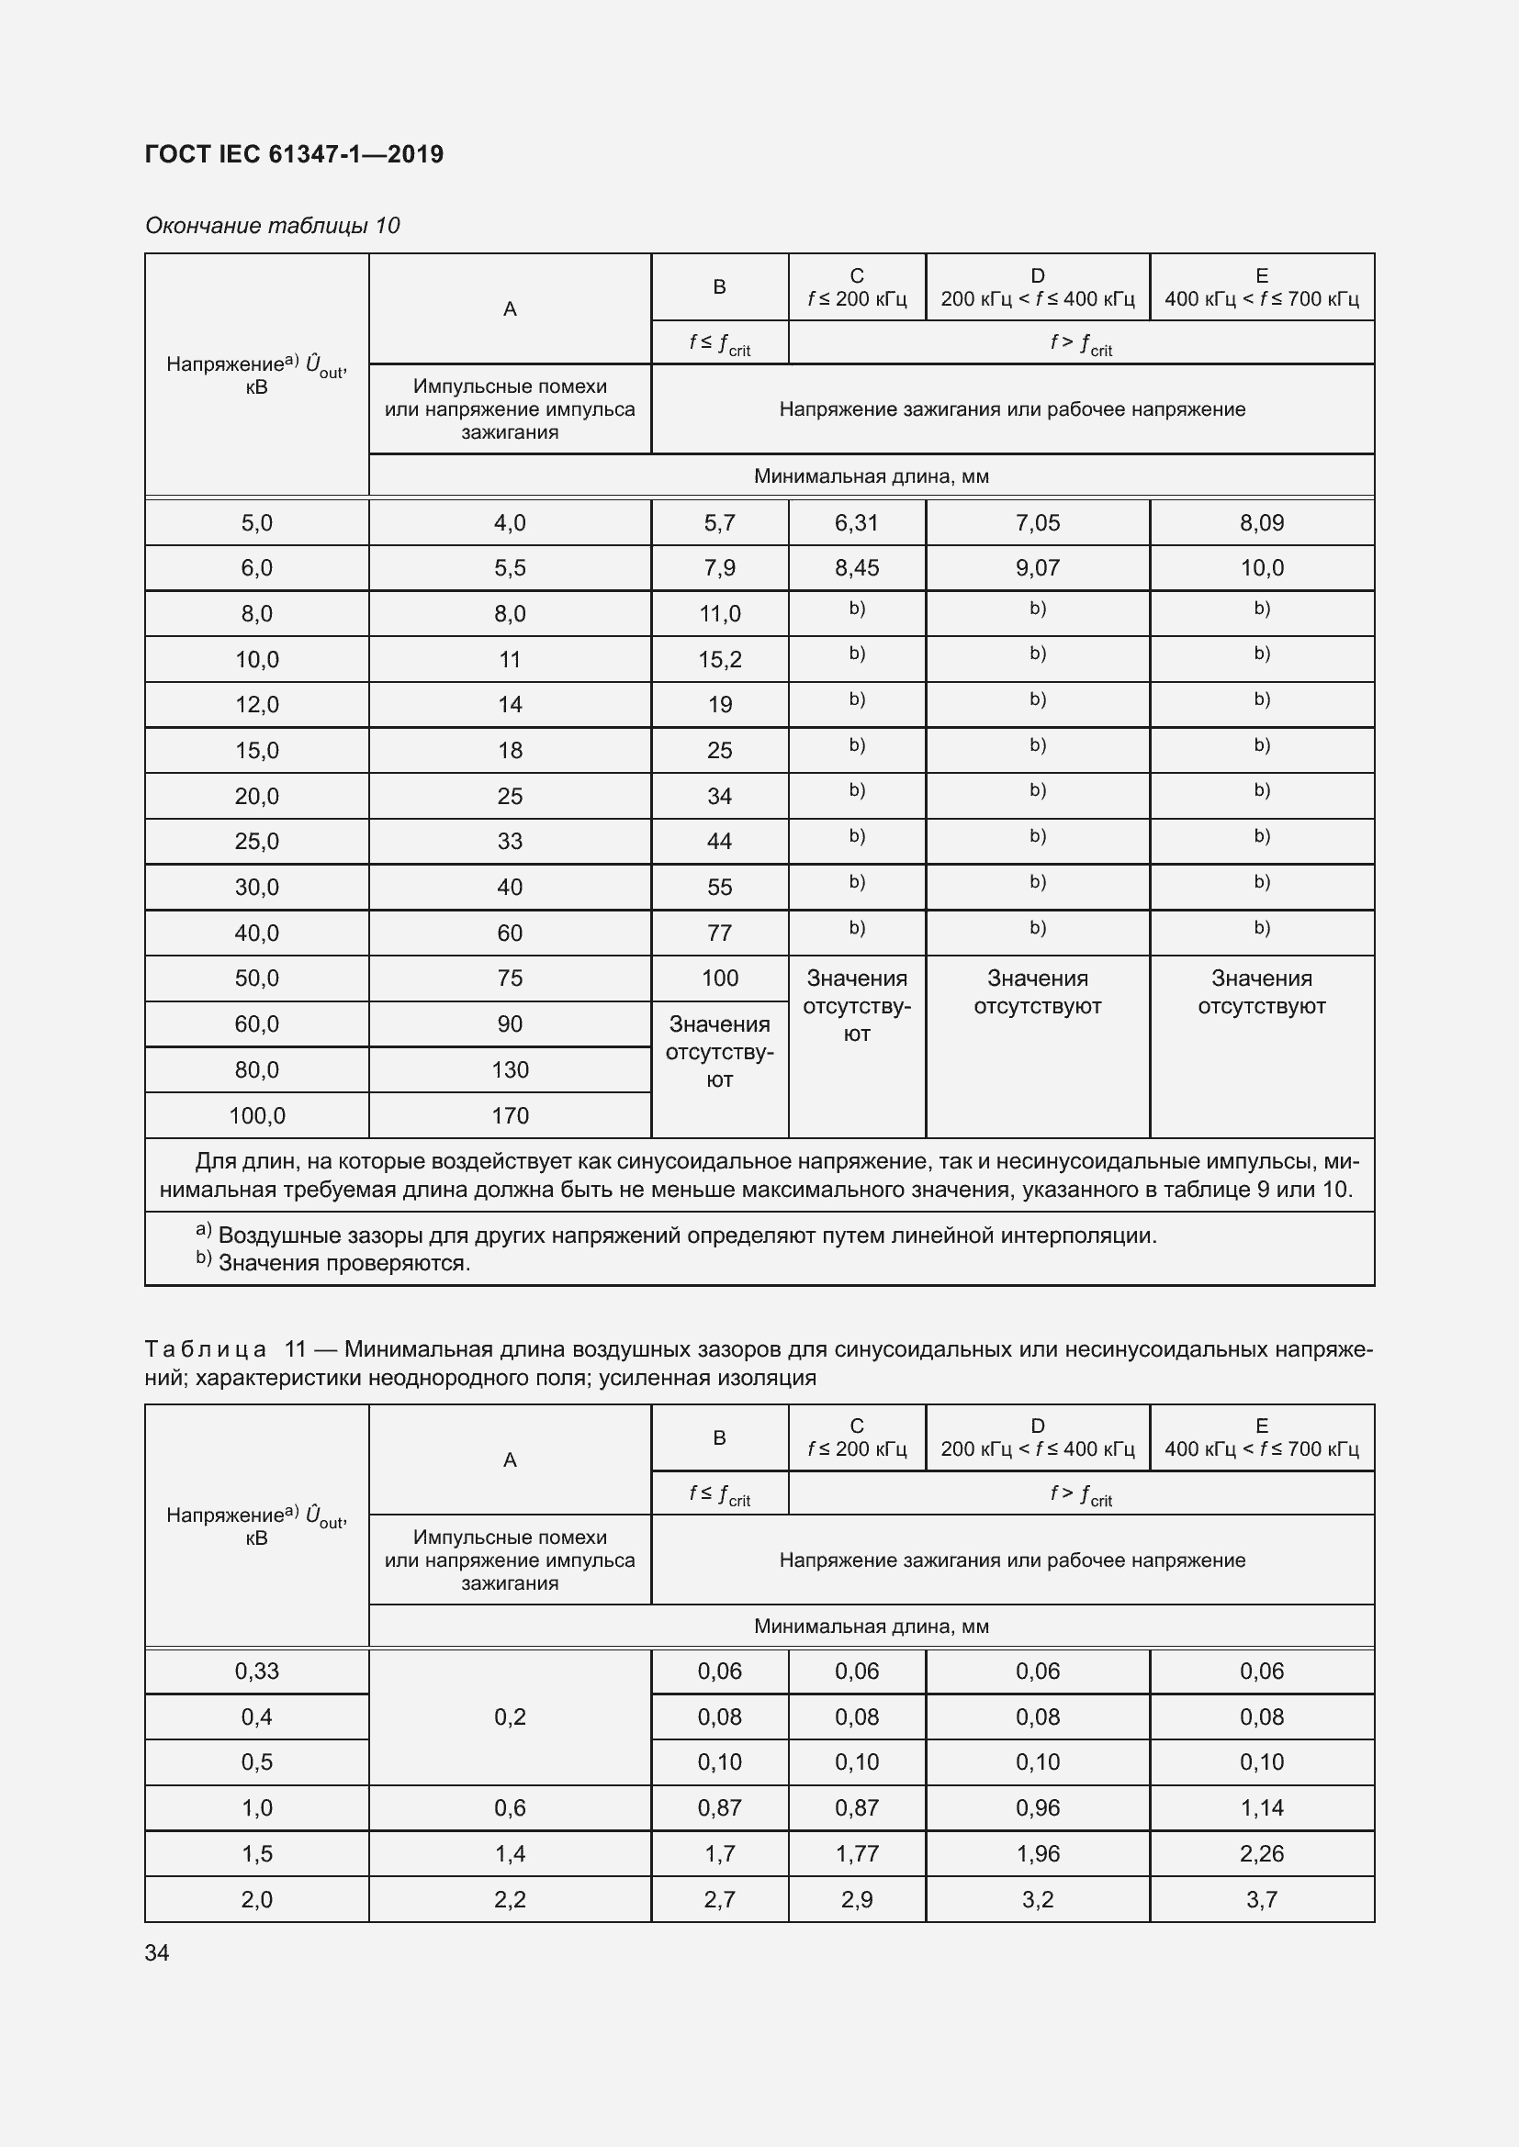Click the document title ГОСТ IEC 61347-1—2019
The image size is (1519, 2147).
click(294, 154)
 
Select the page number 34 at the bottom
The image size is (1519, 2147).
click(157, 1952)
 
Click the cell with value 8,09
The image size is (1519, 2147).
click(1261, 522)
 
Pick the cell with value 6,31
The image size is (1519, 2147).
click(856, 522)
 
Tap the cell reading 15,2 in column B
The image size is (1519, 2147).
click(719, 659)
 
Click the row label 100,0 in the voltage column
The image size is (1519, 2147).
click(256, 1115)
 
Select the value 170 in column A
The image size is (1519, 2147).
click(510, 1115)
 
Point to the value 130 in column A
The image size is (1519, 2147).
click(510, 1069)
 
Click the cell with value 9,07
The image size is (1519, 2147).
click(1037, 567)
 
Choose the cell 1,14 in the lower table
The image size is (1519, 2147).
click(1261, 1807)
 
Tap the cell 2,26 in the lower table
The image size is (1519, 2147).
click(1261, 1853)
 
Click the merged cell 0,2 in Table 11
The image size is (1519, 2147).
click(510, 1716)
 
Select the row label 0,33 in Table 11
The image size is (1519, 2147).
click(256, 1671)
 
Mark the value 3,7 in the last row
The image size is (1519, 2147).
click(1261, 1899)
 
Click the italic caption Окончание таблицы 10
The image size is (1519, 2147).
click(272, 226)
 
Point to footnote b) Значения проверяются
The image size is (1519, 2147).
click(333, 1263)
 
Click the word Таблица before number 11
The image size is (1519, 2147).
click(206, 1349)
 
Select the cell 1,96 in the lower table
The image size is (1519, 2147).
click(1037, 1853)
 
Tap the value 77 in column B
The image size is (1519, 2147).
click(719, 933)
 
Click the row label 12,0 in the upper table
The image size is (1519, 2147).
click(256, 704)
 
